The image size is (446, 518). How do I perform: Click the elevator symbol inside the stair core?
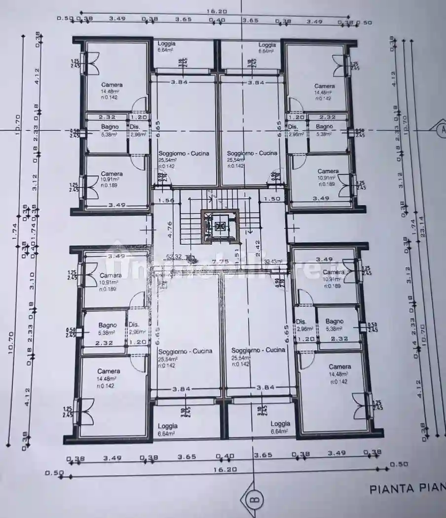220,226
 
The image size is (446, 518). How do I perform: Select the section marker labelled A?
439,130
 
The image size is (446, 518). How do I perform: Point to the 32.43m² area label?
273,262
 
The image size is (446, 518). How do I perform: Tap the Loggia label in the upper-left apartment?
166,43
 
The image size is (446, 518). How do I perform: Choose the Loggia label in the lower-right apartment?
280,423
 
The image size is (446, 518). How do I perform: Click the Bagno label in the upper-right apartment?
324,127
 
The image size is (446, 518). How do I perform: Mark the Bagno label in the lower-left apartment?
108,325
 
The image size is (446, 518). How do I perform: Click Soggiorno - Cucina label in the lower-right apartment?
258,350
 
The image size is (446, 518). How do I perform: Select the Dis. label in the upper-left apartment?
135,127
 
